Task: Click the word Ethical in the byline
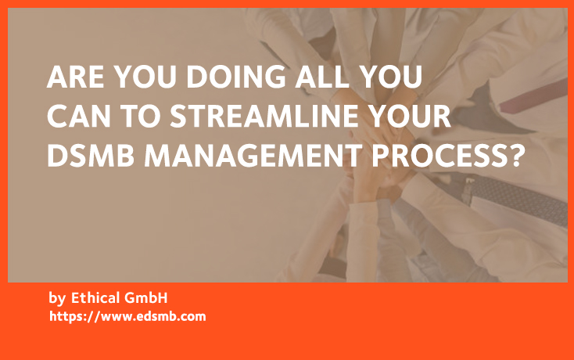pos(97,298)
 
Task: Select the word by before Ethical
pos(56,299)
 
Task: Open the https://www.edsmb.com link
pos(127,317)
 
